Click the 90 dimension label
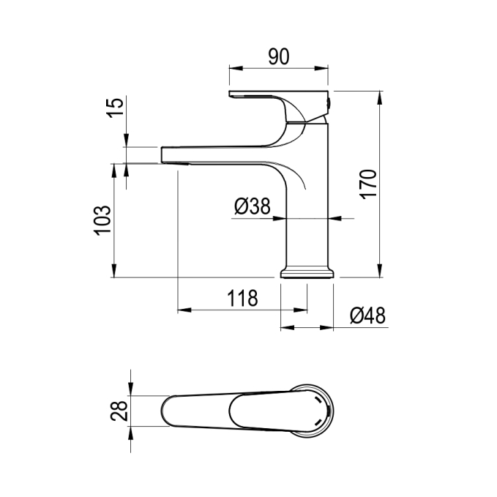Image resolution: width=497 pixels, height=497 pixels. [279, 57]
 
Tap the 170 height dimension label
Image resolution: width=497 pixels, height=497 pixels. [369, 184]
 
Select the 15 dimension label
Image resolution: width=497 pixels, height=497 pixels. [115, 108]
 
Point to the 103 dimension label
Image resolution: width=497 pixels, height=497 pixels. [102, 220]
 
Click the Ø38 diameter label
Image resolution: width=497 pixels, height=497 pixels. [253, 206]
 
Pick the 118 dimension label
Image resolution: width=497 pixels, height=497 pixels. [242, 298]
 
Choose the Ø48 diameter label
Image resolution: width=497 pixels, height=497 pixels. [367, 315]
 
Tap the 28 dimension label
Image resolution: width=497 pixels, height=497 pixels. [119, 411]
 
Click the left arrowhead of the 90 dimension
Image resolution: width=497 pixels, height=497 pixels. [236, 68]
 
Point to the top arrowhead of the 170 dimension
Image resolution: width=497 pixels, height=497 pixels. [380, 98]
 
